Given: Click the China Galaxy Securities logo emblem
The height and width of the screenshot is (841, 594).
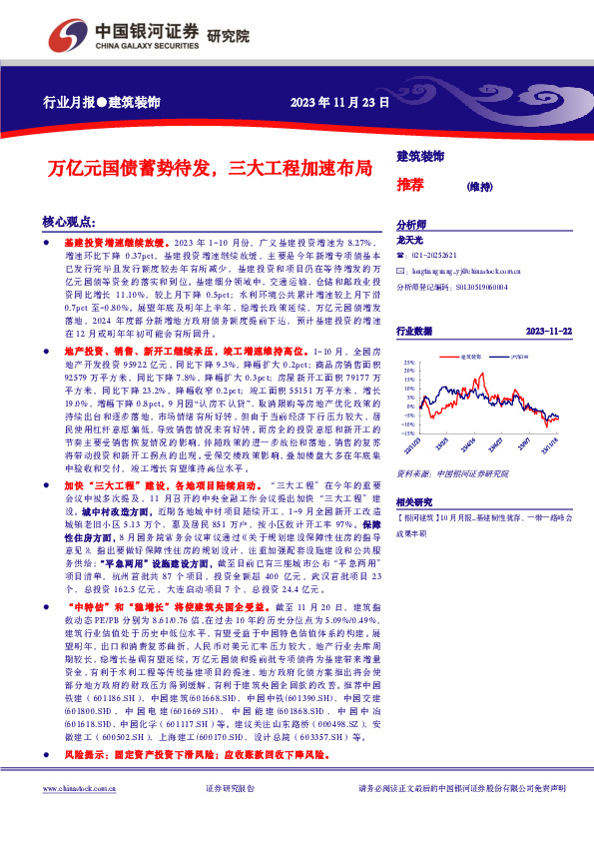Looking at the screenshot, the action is click(x=62, y=34).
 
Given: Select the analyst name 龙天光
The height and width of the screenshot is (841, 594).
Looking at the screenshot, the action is click(x=410, y=241).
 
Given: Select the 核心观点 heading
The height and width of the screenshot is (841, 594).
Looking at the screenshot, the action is click(x=69, y=222).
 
